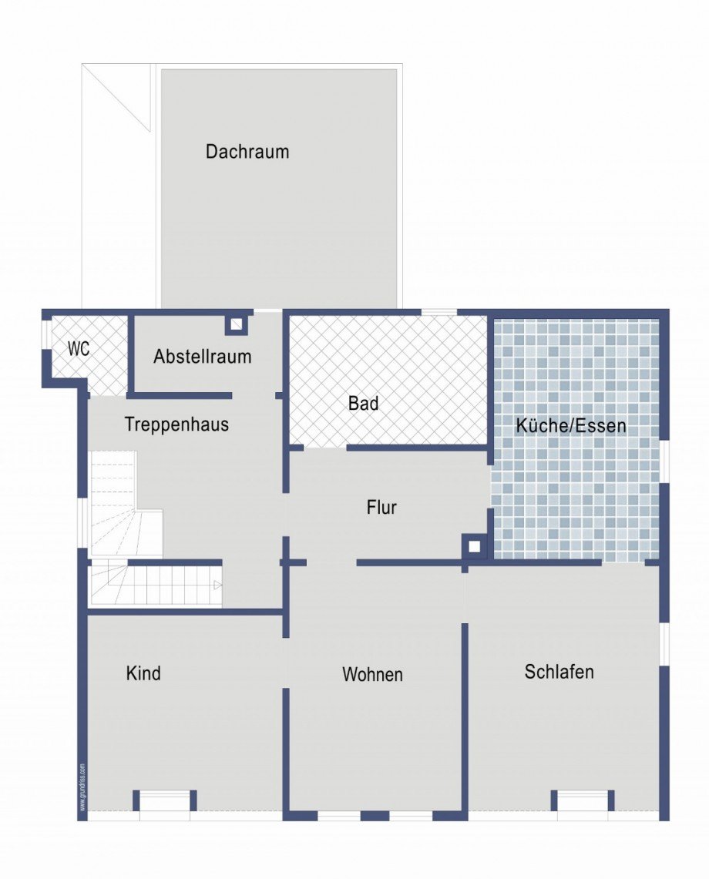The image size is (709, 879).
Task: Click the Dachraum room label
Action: click(247, 152)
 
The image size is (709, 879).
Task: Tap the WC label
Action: click(79, 349)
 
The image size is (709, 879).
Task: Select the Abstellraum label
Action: click(202, 357)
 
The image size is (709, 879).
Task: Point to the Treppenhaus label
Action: click(176, 424)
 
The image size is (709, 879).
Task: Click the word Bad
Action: click(363, 403)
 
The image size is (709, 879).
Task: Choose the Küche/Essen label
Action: click(570, 425)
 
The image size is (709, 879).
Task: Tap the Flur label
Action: click(381, 508)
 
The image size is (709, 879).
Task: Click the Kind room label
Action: click(143, 673)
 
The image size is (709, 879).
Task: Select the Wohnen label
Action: click(372, 675)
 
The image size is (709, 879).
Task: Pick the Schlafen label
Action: click(559, 672)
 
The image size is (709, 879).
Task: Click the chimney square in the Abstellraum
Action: click(237, 324)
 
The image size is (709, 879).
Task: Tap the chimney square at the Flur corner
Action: click(475, 547)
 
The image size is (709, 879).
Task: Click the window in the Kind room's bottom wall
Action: click(164, 801)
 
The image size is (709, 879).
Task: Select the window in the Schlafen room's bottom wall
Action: click(583, 801)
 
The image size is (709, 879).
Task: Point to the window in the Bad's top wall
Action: click(439, 312)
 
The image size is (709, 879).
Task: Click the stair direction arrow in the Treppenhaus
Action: click(217, 585)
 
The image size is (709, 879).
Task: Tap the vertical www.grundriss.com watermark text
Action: click(82, 786)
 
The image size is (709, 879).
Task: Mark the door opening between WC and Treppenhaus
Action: click(109, 395)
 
